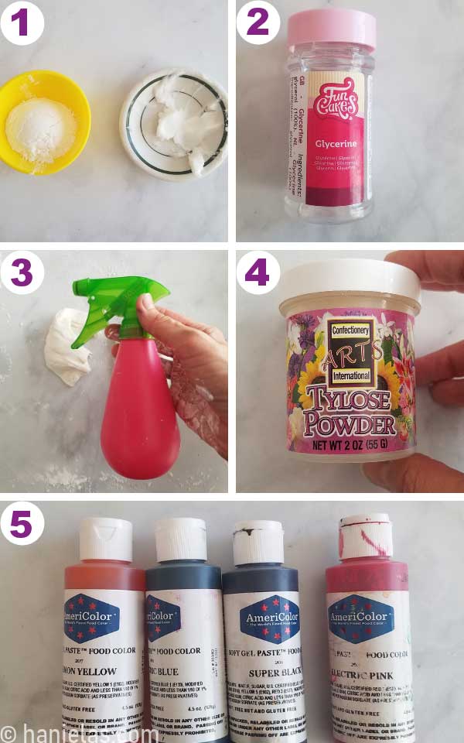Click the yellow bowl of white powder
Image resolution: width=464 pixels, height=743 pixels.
point(46,121)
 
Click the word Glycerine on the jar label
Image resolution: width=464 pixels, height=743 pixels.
point(334,144)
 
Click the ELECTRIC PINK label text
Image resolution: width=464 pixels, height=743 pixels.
point(363,675)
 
